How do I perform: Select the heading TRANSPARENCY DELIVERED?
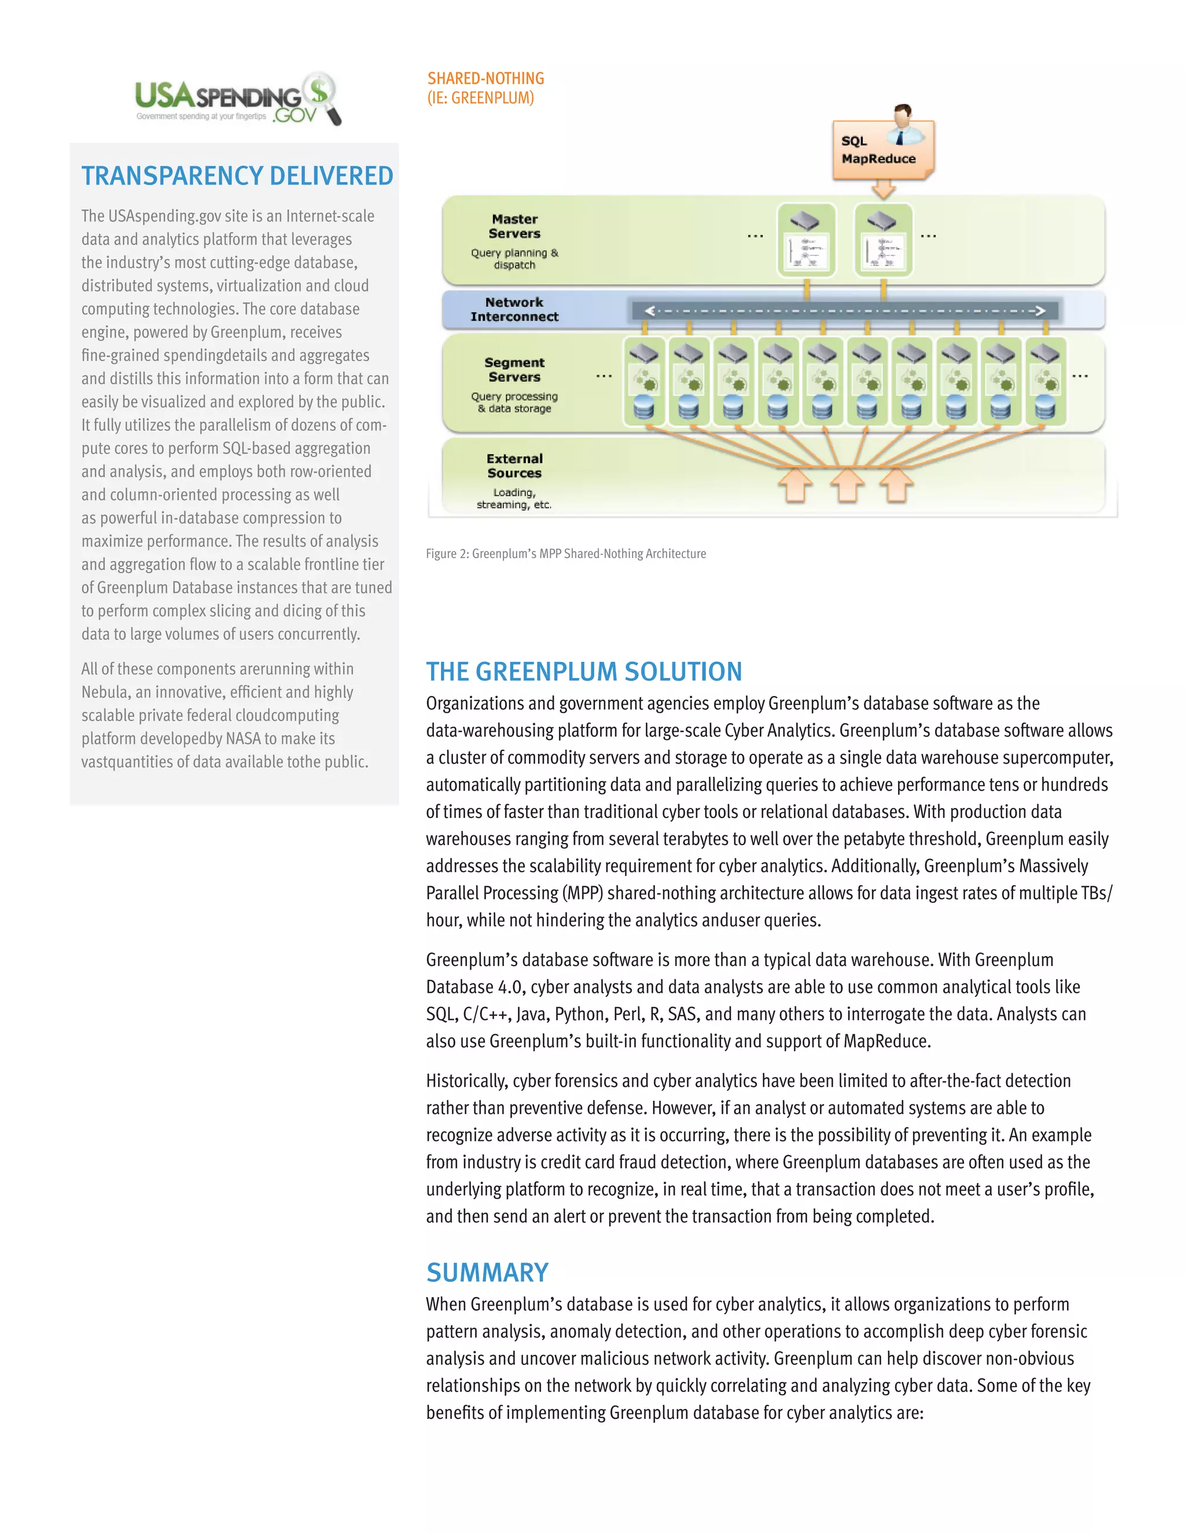coord(237,175)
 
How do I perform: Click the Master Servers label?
coord(514,226)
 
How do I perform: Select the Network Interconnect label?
coord(514,309)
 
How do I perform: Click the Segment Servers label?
coord(514,370)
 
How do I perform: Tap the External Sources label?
coord(514,465)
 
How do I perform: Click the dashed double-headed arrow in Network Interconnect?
coord(845,311)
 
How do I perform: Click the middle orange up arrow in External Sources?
coord(847,485)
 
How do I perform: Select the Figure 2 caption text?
coord(565,554)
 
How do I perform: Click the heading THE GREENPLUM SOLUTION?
coord(583,672)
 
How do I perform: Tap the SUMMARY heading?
coord(487,1273)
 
